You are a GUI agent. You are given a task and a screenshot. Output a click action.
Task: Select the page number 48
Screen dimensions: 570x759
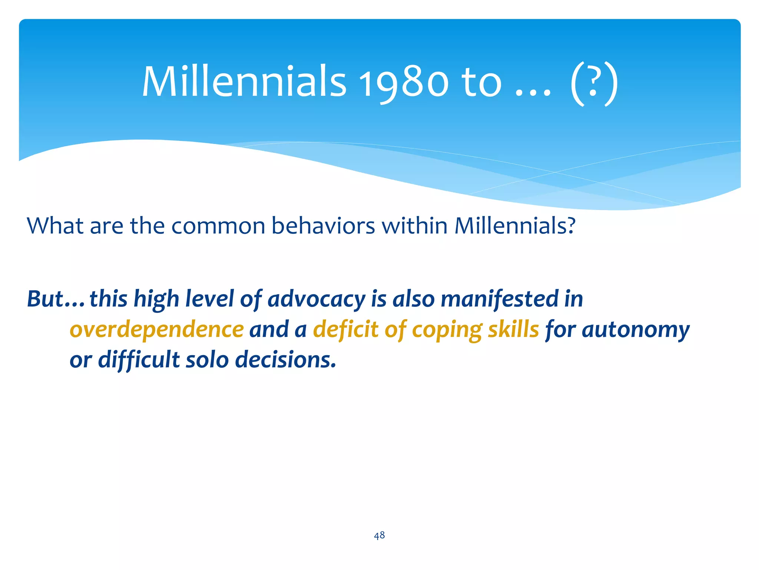[x=379, y=535]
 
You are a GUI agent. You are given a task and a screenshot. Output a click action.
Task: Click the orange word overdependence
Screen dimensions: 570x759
[x=157, y=329]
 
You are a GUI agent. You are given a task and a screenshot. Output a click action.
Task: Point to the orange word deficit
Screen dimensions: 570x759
[x=346, y=329]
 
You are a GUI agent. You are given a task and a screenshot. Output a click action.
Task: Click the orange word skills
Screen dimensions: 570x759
[x=513, y=329]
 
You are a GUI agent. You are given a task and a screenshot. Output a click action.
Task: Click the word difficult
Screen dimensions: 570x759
[x=139, y=360]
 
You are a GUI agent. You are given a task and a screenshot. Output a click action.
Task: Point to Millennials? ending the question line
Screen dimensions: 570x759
[x=515, y=225]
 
